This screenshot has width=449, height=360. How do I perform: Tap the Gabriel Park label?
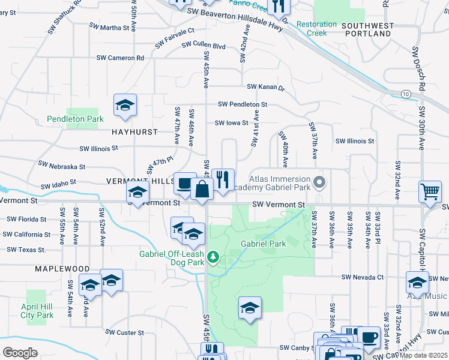click(262, 244)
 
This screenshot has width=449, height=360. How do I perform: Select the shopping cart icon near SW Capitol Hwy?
click(430, 193)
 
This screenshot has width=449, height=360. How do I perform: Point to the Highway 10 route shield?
click(406, 94)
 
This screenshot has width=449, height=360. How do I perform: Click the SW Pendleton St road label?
click(242, 104)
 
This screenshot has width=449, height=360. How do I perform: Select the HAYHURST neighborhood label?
click(134, 131)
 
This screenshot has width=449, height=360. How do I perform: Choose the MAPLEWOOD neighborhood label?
click(62, 269)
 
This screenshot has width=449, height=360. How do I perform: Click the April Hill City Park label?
click(37, 310)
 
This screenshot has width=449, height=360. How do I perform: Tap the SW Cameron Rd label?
click(120, 58)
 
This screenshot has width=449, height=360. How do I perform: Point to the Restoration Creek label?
click(316, 29)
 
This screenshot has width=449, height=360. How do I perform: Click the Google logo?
click(20, 353)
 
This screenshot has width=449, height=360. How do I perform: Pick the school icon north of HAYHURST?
click(125, 105)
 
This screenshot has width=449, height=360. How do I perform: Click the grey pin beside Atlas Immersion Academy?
click(319, 181)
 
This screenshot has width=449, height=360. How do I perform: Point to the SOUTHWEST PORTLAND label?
click(368, 30)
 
